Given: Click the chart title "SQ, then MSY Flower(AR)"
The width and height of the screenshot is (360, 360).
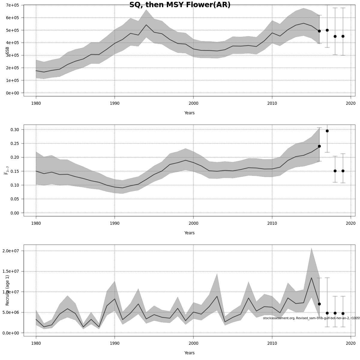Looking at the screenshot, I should click(x=180, y=5).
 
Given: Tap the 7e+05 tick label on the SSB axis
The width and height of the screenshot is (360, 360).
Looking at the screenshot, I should click(x=12, y=5).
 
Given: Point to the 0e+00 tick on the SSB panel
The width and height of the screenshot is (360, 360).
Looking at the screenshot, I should click(x=12, y=93).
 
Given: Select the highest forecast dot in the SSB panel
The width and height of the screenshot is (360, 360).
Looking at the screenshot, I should click(x=327, y=30).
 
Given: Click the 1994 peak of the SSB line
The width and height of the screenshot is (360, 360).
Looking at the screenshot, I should click(x=146, y=25).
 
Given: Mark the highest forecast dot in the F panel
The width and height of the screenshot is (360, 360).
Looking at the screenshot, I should click(x=327, y=131).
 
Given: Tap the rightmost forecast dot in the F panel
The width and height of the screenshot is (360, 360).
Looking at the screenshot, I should click(x=343, y=171).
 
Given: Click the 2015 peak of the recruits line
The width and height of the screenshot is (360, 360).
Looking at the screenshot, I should click(x=311, y=278).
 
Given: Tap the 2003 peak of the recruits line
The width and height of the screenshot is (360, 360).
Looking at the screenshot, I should click(x=217, y=296).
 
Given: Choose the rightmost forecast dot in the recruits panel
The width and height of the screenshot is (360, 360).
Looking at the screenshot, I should click(x=343, y=313).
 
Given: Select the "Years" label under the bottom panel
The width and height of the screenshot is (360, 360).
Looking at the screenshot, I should click(x=189, y=353).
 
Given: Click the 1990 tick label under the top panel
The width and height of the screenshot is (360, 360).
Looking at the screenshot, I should click(x=115, y=103).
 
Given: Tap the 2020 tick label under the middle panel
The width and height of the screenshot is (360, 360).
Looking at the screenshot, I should click(x=351, y=223).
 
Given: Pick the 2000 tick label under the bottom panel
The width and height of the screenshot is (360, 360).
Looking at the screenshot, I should click(x=193, y=343).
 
